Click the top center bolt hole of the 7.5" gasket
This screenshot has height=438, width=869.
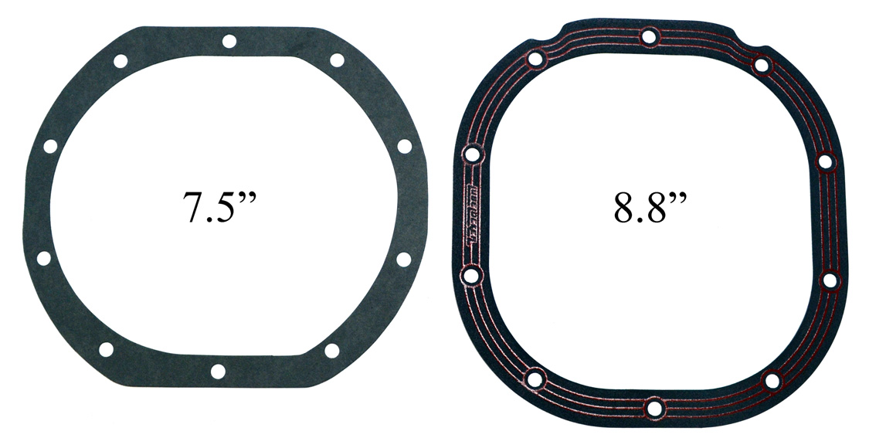point(229,41)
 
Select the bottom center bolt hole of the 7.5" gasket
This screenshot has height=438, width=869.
point(218,372)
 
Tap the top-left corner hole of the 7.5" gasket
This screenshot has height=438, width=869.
point(121,61)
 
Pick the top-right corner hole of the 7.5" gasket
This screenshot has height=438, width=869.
point(337,60)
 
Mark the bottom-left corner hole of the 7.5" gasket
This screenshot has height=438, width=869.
point(106,349)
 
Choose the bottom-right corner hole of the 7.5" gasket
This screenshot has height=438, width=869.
point(331,350)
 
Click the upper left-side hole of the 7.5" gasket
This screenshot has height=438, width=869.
point(50,146)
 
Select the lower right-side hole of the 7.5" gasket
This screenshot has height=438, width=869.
point(403,260)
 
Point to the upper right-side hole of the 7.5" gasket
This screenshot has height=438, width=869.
point(404,145)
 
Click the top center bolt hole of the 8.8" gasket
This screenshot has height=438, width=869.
point(650,36)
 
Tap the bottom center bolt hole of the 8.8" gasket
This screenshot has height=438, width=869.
point(654,408)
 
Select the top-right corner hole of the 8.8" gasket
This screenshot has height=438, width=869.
point(762,65)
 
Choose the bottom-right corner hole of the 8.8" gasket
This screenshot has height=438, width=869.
point(772,380)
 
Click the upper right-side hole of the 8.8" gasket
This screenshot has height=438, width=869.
point(826,162)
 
